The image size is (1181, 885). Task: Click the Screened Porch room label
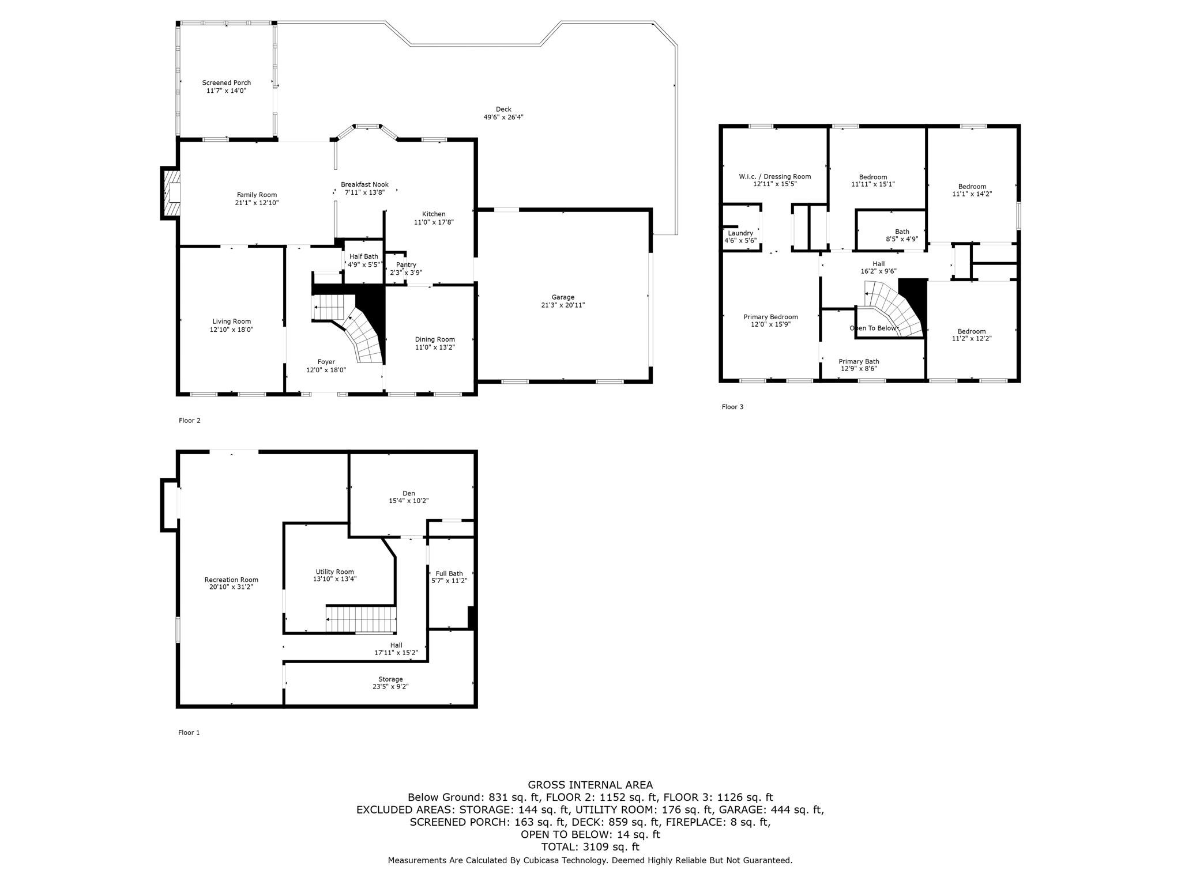coord(226,83)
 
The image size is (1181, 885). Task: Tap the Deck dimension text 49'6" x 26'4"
coord(503,118)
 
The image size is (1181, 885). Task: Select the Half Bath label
coord(363,257)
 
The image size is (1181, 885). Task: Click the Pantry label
coord(406,265)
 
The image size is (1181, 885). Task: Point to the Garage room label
coord(562,297)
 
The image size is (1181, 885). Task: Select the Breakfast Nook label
coord(364,185)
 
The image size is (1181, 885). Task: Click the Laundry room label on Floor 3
coord(740,233)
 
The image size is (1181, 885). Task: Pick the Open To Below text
coord(873,328)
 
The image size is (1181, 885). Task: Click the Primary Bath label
coord(859,362)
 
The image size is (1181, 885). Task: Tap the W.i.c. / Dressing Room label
coord(774,177)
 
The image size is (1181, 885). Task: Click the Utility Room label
coord(334,572)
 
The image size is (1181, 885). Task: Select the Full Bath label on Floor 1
coord(449,574)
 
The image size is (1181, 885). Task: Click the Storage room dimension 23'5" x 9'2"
coord(390,687)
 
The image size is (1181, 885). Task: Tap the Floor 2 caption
coord(190,421)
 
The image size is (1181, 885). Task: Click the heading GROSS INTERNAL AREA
coord(590,785)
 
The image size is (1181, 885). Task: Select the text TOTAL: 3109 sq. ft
coord(590,847)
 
